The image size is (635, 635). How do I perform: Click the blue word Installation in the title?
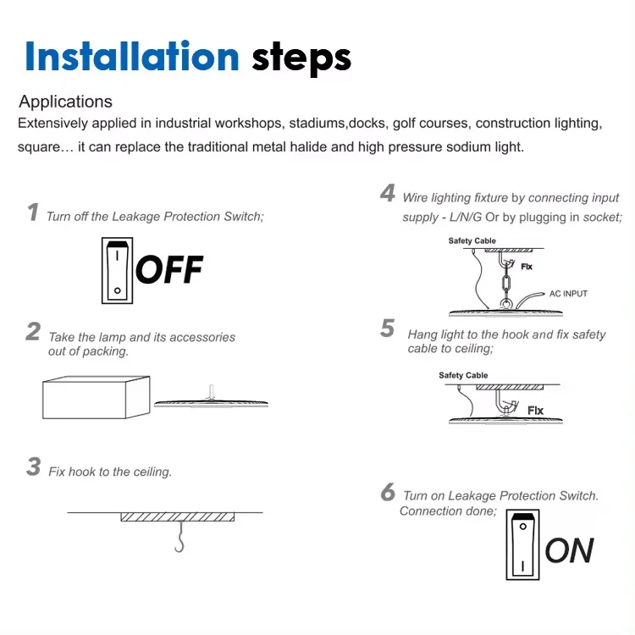132,56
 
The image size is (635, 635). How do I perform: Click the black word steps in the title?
301,58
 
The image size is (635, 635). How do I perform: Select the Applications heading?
66,102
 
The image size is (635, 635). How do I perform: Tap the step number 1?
33,213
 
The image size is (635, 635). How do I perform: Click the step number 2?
33,331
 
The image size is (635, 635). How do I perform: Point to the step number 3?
33,467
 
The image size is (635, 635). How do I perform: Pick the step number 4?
388,194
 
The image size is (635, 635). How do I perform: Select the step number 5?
388,329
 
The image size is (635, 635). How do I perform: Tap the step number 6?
388,492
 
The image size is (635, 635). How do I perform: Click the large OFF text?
169,270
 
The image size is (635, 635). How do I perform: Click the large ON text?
569,551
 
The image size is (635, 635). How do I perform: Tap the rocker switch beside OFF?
116,271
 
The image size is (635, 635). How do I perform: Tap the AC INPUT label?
568,294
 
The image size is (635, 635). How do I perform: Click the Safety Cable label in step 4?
472,241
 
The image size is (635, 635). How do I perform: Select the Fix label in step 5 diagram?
535,411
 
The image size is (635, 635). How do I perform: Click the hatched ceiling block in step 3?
177,516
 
